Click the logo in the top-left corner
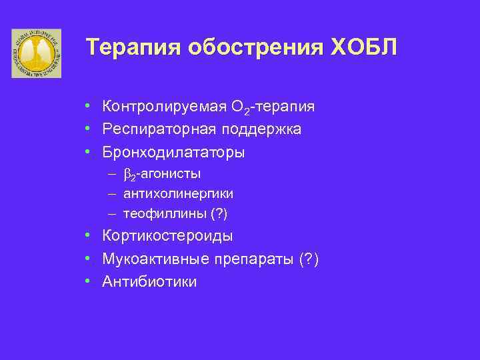click(x=36, y=53)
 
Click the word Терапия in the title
click(x=132, y=48)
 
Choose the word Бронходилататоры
click(x=173, y=152)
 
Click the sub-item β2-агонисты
click(x=162, y=174)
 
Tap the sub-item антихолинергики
click(x=178, y=194)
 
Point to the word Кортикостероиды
click(x=167, y=236)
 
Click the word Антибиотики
click(x=149, y=282)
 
